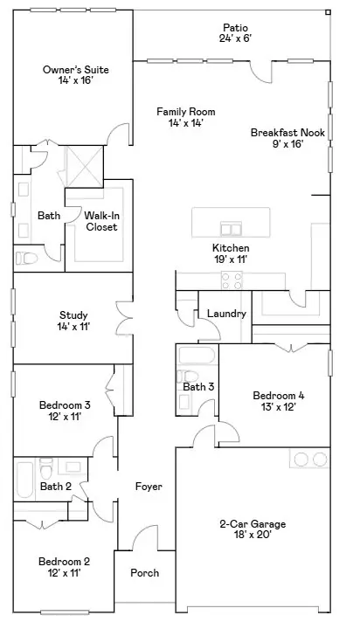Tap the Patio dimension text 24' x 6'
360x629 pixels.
pyautogui.click(x=235, y=39)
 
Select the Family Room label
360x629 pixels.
pyautogui.click(x=185, y=112)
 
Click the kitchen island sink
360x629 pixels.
pyautogui.click(x=232, y=228)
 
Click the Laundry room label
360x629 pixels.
pyautogui.click(x=226, y=314)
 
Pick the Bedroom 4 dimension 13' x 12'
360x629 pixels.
pyautogui.click(x=278, y=407)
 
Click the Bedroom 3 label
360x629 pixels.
pyautogui.click(x=65, y=404)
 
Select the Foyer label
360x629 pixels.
pyautogui.click(x=149, y=486)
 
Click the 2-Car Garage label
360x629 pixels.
pyautogui.click(x=252, y=524)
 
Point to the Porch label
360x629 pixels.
pyautogui.click(x=144, y=573)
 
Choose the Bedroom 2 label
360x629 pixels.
pyautogui.click(x=64, y=562)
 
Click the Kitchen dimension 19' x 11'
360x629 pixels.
pyautogui.click(x=231, y=259)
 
